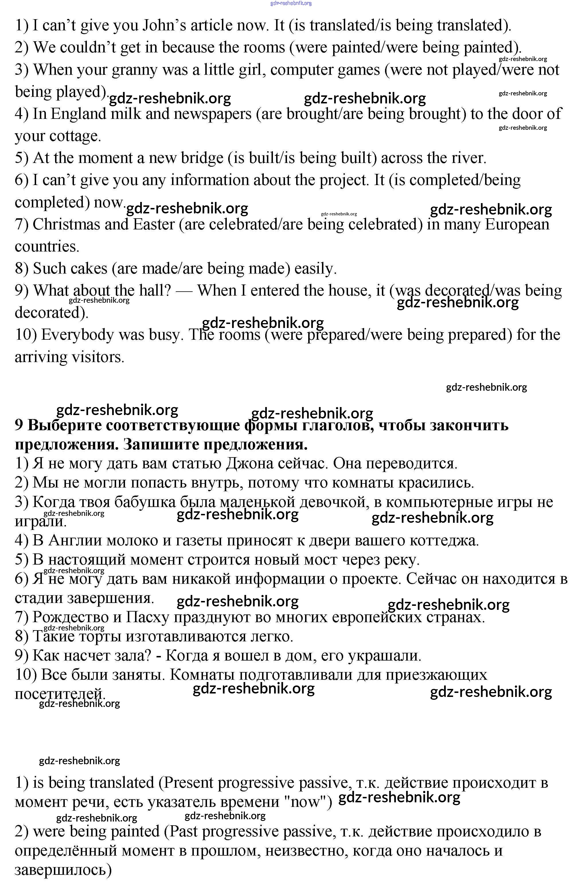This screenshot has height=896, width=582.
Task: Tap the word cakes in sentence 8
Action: tap(89, 269)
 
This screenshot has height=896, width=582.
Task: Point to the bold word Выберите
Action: tap(64, 425)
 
